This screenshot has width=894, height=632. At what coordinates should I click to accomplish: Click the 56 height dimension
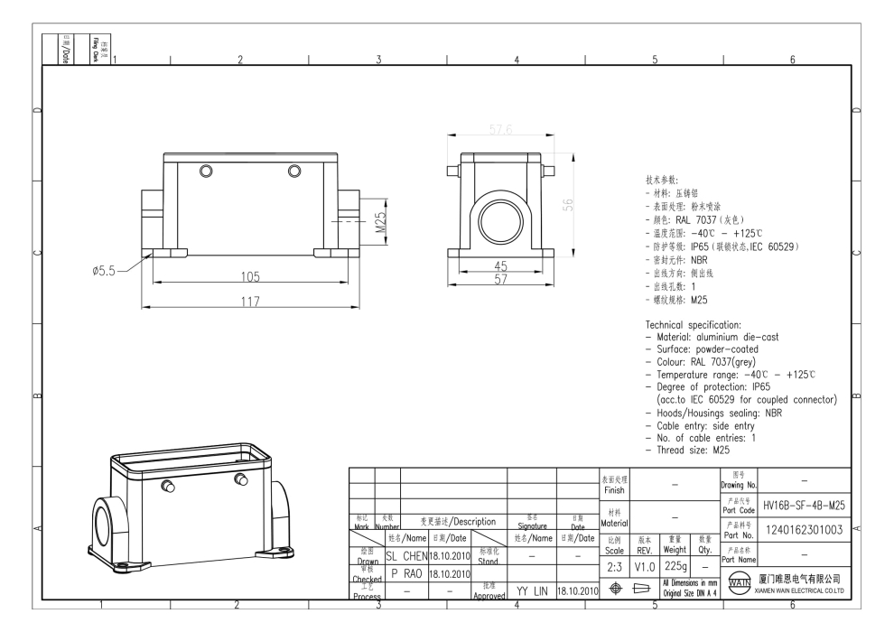(568, 205)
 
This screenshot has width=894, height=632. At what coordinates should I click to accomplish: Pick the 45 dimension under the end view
(500, 265)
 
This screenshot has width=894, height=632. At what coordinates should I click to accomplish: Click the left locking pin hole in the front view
(206, 172)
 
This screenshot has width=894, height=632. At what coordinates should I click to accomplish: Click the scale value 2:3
(614, 565)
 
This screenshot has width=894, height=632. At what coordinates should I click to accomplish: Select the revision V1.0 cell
(645, 565)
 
